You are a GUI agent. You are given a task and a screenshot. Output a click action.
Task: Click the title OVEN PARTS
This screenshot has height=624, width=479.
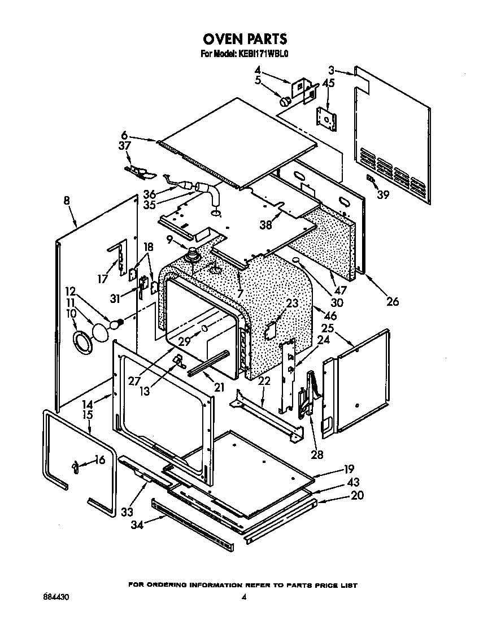click(x=245, y=39)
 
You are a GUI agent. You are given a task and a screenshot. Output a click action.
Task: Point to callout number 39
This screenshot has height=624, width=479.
click(x=383, y=195)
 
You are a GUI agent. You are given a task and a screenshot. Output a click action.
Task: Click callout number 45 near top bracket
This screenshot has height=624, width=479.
click(x=328, y=83)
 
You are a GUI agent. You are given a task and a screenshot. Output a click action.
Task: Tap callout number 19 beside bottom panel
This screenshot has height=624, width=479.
click(x=349, y=469)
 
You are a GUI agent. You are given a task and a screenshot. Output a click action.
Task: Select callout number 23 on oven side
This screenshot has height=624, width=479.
click(x=291, y=304)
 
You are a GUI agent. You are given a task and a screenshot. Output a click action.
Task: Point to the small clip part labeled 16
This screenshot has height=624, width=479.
click(x=76, y=465)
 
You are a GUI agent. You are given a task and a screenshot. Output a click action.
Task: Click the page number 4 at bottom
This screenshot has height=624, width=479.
click(x=244, y=597)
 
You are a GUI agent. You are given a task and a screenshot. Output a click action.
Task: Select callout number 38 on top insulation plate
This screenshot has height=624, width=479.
click(x=265, y=224)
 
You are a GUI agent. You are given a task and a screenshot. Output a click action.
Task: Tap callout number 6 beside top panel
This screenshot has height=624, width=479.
click(x=124, y=135)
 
